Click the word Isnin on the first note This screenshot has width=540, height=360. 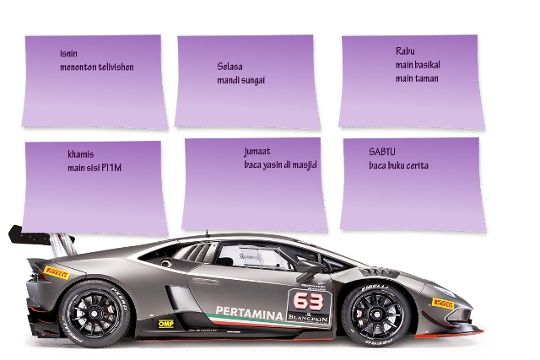click(68, 54)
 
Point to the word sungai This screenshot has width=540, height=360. click(251, 80)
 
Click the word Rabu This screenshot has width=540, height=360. click(405, 51)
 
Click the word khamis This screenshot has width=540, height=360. click(80, 154)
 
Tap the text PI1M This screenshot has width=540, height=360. click(111, 168)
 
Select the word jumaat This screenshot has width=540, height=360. click(257, 151)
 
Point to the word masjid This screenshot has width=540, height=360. click(302, 164)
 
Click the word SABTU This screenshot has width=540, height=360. click(382, 152)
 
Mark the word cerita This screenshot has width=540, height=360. click(414, 165)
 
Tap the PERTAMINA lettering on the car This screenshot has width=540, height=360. click(250, 311)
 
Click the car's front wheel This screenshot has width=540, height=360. click(374, 314)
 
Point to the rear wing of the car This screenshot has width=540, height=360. click(34, 236)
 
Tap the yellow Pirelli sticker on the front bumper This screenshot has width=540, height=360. click(442, 303)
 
